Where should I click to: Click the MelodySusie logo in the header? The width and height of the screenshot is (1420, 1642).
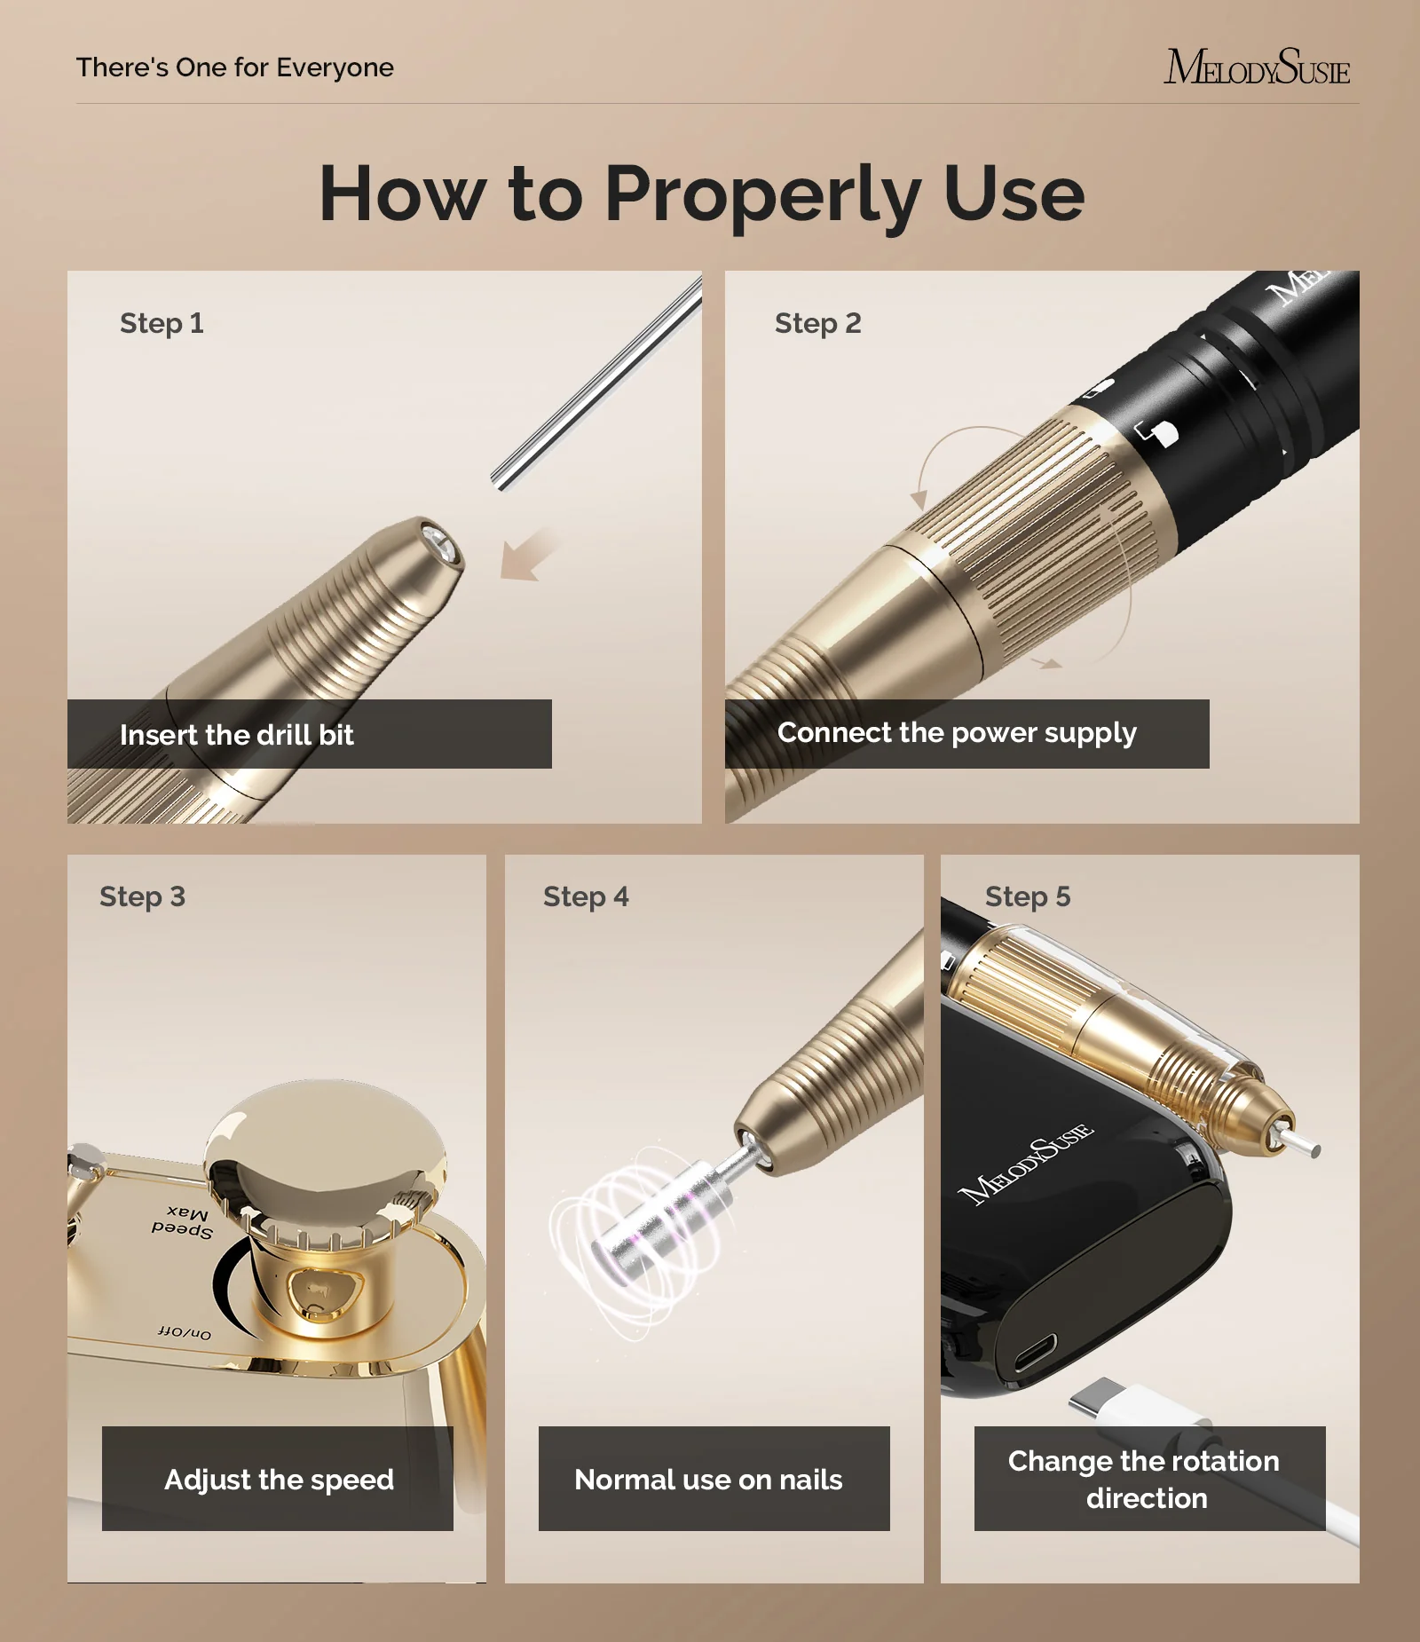pyautogui.click(x=1257, y=67)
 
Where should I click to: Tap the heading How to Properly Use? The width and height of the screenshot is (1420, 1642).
pyautogui.click(x=701, y=194)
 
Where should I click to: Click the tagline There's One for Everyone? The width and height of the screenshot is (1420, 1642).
pyautogui.click(x=235, y=68)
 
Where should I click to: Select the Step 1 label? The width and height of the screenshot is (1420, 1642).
pyautogui.click(x=162, y=323)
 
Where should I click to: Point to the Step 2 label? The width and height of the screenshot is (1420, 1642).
pyautogui.click(x=817, y=323)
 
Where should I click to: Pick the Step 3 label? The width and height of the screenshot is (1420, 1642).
pyautogui.click(x=142, y=896)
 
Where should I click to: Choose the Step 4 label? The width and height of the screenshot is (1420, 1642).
pyautogui.click(x=586, y=896)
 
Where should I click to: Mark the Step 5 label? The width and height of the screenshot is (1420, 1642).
pyautogui.click(x=1028, y=896)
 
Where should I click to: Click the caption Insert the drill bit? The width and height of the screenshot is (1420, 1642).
pyautogui.click(x=237, y=735)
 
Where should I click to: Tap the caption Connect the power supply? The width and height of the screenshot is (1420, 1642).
pyautogui.click(x=957, y=733)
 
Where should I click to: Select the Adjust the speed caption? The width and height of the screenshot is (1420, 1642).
pyautogui.click(x=279, y=1480)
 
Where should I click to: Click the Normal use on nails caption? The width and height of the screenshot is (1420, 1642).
pyautogui.click(x=708, y=1480)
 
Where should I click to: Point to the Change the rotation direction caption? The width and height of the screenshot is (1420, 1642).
pyautogui.click(x=1145, y=1480)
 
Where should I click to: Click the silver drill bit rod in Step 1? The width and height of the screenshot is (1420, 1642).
pyautogui.click(x=596, y=383)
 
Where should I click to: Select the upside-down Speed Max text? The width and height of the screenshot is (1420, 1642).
pyautogui.click(x=182, y=1222)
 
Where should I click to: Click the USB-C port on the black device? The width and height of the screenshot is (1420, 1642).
pyautogui.click(x=1036, y=1353)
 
